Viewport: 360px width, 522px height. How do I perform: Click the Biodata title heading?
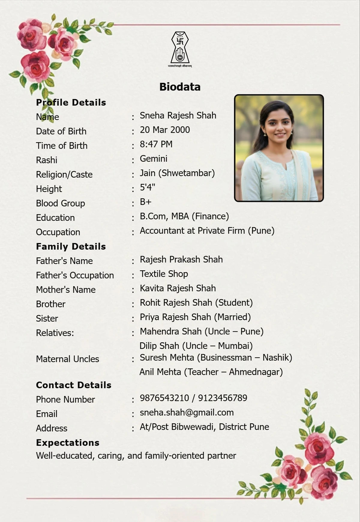tap(180, 87)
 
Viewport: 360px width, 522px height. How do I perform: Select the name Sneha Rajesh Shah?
tap(178, 115)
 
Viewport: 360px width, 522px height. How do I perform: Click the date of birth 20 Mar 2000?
tap(165, 130)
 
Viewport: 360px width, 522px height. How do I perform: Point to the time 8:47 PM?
tap(156, 144)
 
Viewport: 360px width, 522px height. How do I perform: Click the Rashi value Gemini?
tap(154, 159)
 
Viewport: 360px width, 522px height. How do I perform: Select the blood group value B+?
tap(145, 202)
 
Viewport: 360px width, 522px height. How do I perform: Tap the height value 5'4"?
tap(147, 187)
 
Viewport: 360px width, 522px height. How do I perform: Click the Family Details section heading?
tap(71, 247)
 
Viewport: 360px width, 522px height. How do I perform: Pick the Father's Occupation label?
tap(75, 275)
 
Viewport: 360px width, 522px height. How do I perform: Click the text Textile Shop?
tap(164, 274)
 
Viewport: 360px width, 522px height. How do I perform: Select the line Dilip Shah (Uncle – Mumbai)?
tap(196, 346)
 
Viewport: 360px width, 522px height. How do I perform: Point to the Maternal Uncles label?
tap(67, 359)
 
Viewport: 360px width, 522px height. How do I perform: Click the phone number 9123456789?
tap(223, 398)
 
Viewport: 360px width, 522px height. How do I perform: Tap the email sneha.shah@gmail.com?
tap(187, 412)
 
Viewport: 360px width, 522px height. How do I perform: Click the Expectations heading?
tap(67, 443)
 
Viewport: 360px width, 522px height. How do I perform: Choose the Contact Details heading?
tap(73, 385)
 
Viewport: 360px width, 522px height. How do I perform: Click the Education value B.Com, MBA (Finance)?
tap(184, 216)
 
